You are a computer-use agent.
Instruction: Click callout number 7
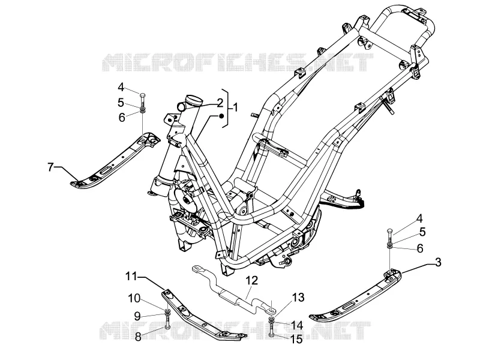pos(50,167)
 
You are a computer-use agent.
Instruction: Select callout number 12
pos(251,280)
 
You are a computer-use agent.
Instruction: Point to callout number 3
pos(438,262)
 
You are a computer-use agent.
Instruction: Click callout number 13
pos(298,297)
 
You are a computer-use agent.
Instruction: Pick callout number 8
pos(138,337)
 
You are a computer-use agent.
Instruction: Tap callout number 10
pos(134,298)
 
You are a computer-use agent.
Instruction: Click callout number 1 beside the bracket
pos(235,108)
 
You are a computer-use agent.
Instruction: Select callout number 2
pos(220,103)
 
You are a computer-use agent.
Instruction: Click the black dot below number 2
pos(221,116)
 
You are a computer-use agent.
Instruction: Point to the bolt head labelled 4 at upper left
pos(143,94)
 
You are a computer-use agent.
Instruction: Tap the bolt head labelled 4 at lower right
pos(389,230)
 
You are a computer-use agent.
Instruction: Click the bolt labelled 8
pos(167,322)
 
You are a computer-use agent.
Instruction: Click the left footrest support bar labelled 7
pos(115,162)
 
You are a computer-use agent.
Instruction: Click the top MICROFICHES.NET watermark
pos(237,62)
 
